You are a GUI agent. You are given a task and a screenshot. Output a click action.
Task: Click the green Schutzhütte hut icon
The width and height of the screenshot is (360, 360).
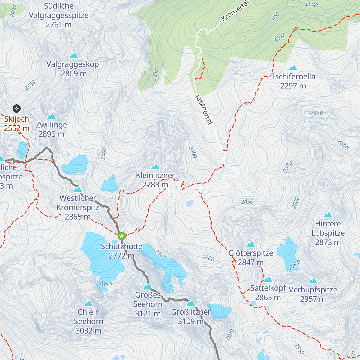[121, 236]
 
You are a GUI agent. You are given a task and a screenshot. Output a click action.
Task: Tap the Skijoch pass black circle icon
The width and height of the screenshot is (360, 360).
[16, 108]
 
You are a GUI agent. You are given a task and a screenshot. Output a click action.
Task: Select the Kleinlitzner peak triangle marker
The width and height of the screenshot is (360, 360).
[155, 166]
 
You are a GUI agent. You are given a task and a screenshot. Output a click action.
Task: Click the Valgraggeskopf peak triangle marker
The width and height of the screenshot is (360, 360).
[74, 55]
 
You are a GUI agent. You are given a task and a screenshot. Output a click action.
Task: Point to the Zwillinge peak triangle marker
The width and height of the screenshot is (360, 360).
[52, 116]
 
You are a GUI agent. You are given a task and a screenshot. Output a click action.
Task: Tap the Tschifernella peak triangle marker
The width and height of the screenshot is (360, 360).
[293, 68]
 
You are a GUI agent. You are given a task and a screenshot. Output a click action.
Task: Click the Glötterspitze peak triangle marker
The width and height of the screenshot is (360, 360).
[251, 244]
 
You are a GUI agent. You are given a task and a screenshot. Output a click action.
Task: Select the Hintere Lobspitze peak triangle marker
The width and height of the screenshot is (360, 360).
[328, 215]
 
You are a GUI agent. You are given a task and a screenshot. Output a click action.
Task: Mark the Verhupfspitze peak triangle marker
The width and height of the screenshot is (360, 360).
[313, 281]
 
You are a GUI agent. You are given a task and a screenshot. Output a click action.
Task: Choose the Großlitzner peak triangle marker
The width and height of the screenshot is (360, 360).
[191, 303]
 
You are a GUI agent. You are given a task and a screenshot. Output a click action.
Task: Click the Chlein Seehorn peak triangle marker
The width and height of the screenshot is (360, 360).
[88, 303]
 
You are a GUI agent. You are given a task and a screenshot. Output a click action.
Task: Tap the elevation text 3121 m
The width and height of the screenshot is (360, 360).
[148, 314]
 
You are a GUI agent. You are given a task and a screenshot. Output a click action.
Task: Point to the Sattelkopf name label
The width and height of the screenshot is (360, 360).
[268, 288]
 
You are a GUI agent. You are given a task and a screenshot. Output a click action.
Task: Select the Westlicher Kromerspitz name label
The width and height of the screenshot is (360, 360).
[78, 203]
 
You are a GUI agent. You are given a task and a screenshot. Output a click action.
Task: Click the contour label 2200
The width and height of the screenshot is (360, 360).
[279, 37]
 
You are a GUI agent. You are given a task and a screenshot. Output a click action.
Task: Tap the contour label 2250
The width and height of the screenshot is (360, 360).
[155, 74]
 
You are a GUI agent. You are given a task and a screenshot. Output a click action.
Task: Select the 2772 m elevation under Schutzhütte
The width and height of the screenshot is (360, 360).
[121, 256]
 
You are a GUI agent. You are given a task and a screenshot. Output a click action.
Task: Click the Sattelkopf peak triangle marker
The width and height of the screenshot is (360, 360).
[268, 280]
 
